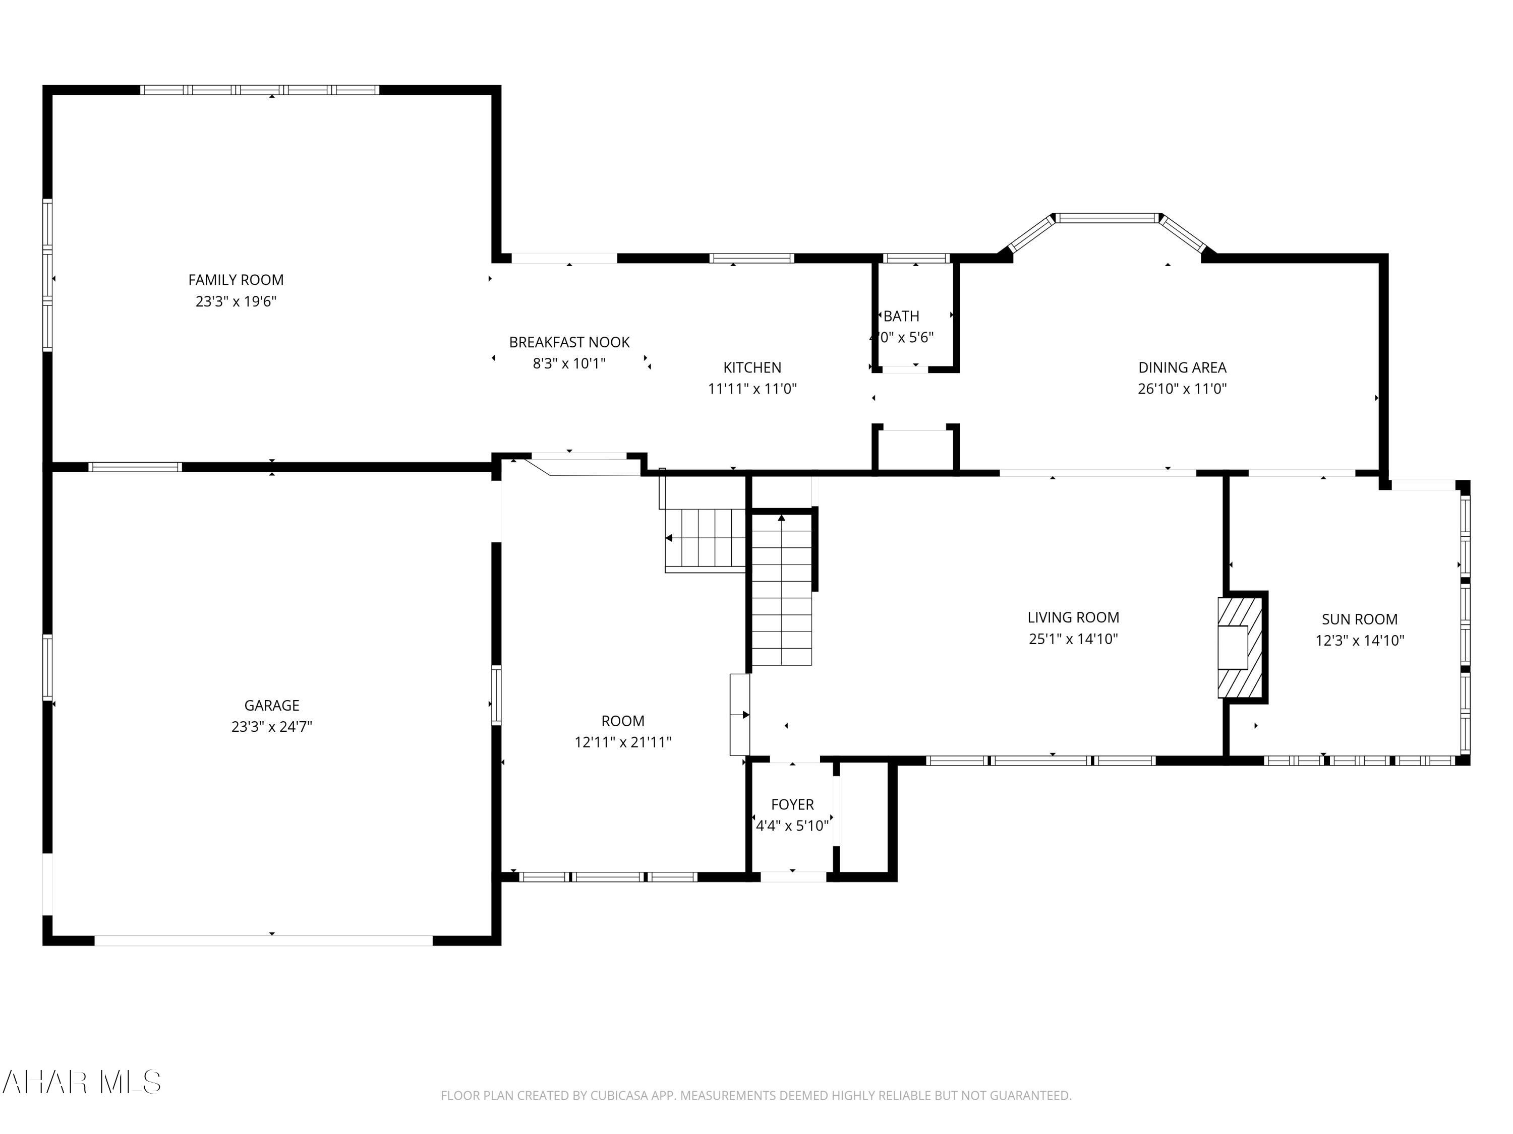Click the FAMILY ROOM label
click(x=236, y=280)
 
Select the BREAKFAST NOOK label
click(x=569, y=342)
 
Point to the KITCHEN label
click(x=752, y=367)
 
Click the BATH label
click(x=902, y=316)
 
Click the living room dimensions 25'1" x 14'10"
click(x=1073, y=639)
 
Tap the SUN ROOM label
click(x=1359, y=619)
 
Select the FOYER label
click(x=792, y=804)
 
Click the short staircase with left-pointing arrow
click(x=705, y=539)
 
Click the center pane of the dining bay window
click(x=1107, y=219)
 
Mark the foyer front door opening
click(x=793, y=877)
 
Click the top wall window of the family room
click(x=260, y=90)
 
